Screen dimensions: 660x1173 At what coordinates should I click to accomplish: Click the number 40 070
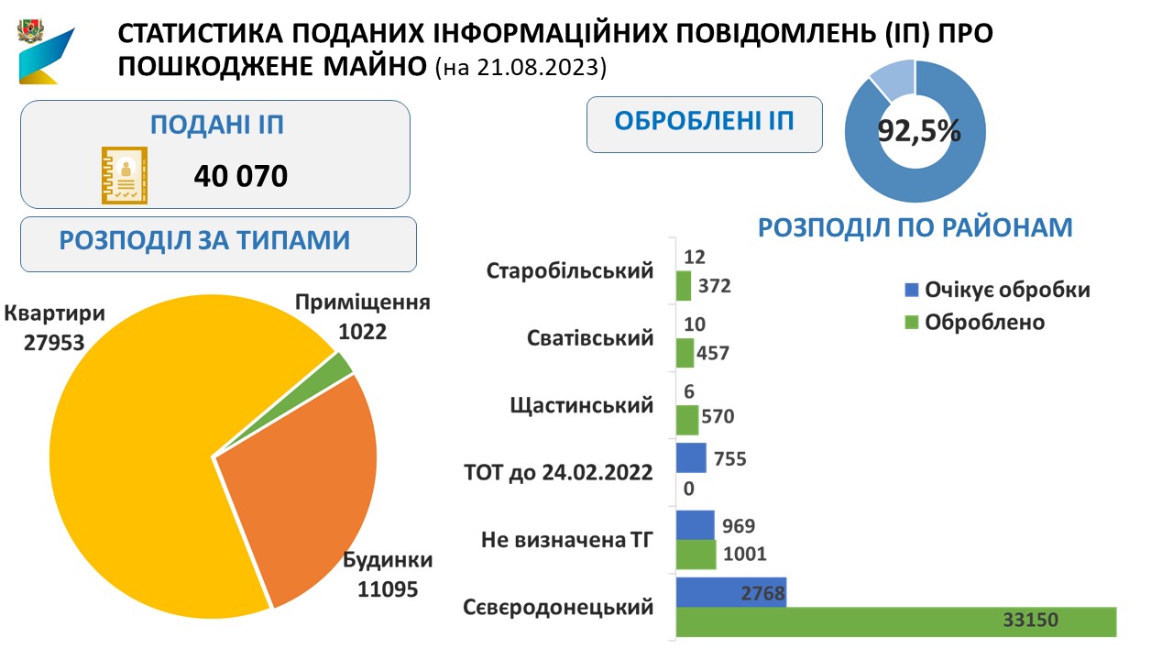pos(240,175)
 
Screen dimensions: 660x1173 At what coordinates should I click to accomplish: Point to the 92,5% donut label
pos(919,130)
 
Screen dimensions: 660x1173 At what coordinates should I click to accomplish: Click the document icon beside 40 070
pos(123,175)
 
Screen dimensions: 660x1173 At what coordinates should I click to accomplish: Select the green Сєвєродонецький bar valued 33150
pos(895,621)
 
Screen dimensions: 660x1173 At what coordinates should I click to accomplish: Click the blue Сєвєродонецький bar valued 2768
pos(730,592)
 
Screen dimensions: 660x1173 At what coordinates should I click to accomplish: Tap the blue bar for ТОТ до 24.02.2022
pos(691,457)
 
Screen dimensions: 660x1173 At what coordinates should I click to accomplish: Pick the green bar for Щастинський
pos(687,419)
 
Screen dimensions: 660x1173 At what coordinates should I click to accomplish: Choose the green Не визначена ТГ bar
pos(696,554)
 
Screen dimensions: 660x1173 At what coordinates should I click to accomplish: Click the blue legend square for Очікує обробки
pos(911,291)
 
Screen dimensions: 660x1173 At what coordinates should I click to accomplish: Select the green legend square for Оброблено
pos(911,323)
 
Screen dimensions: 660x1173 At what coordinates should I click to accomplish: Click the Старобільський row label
pos(570,271)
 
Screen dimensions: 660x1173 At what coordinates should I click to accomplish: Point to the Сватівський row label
pos(590,338)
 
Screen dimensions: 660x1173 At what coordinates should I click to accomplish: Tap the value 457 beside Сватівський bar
pos(713,353)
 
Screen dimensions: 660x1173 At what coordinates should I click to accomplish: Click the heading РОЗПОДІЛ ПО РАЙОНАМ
pos(915,228)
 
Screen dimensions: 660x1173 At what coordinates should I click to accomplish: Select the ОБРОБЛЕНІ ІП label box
pos(704,124)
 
